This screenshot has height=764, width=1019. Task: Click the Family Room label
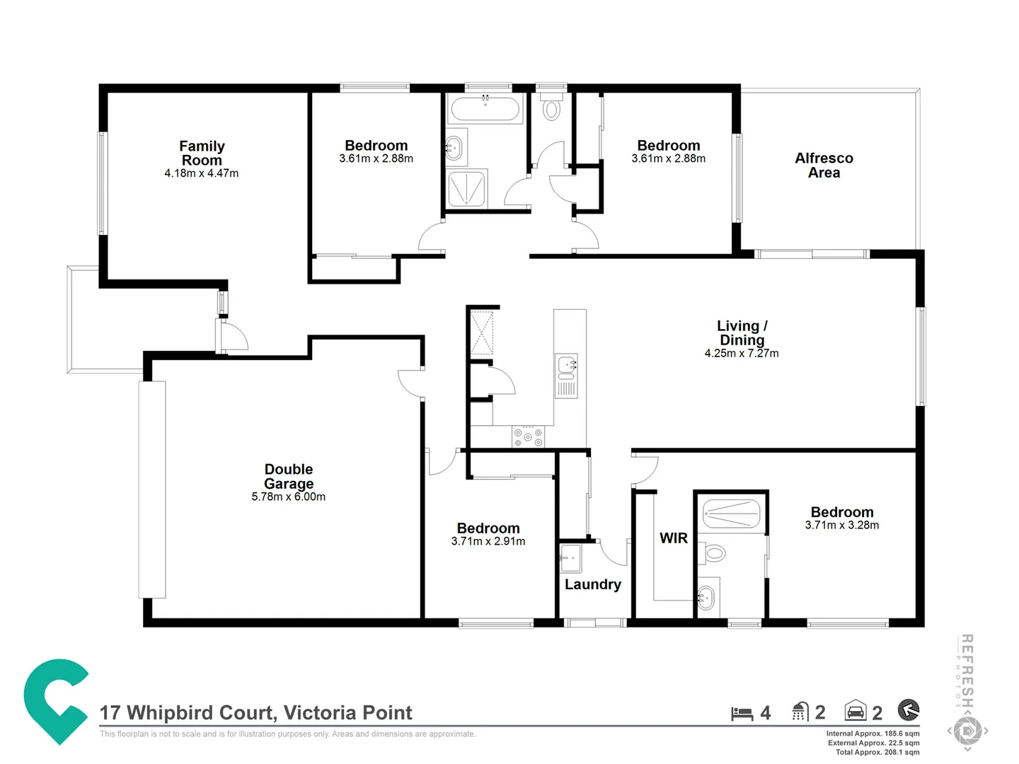tap(202, 153)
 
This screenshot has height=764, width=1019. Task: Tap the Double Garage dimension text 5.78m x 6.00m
tap(288, 497)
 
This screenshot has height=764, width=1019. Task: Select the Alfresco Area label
tap(824, 165)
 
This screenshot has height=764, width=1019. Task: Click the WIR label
tap(673, 538)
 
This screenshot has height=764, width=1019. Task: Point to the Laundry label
tap(592, 584)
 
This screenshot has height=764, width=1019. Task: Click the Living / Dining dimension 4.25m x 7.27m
tap(741, 353)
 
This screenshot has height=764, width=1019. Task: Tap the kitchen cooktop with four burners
tap(528, 436)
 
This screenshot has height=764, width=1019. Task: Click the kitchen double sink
tap(566, 376)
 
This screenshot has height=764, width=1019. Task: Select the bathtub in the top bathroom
tap(485, 109)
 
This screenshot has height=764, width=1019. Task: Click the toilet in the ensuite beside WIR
tap(715, 552)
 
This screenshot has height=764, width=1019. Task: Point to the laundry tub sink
tap(570, 557)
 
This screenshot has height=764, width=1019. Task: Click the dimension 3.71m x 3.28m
tap(841, 525)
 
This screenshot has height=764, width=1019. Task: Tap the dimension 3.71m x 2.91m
tap(488, 541)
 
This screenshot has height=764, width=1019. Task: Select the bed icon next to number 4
tap(742, 713)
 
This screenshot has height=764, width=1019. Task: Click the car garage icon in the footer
tap(855, 711)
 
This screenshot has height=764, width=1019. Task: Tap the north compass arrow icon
tap(908, 710)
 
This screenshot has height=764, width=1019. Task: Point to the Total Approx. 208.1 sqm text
tap(877, 752)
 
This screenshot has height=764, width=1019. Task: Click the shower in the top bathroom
tap(467, 189)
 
